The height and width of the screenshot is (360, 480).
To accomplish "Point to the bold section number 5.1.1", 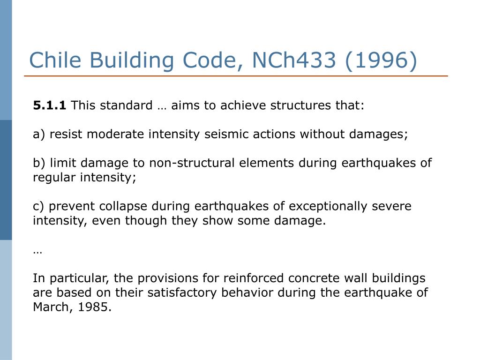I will point(50,105).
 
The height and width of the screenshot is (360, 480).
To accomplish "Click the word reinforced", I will point(254,278).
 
